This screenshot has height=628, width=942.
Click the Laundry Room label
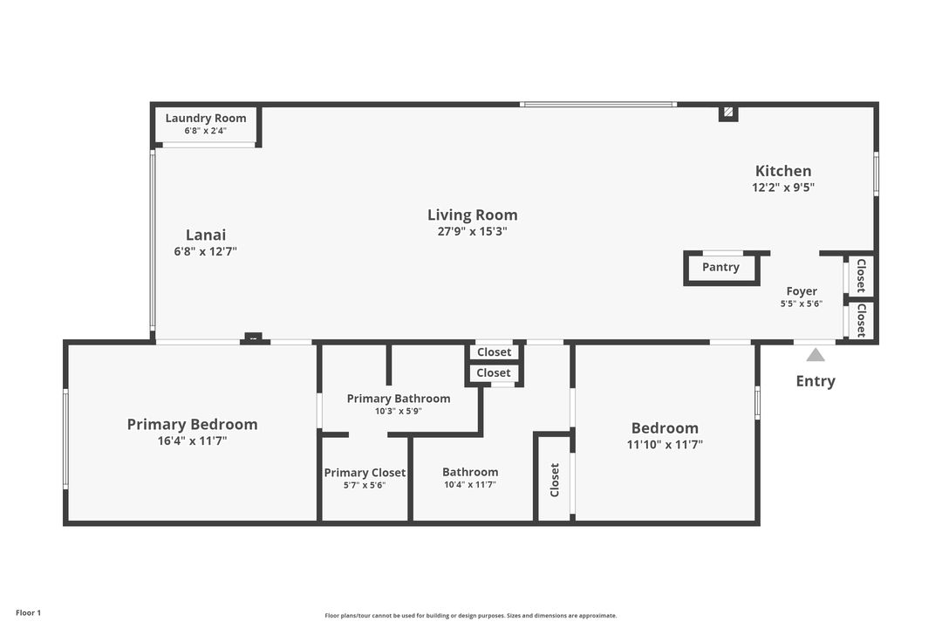[206, 119]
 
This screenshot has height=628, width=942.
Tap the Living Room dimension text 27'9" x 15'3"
[472, 232]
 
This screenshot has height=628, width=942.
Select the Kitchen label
[783, 171]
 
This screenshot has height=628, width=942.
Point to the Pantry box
[720, 268]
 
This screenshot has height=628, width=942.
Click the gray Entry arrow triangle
[816, 354]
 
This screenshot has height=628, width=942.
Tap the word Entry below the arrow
[816, 381]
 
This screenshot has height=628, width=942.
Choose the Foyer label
[802, 291]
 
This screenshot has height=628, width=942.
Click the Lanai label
[206, 235]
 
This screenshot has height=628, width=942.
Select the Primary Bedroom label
[192, 425]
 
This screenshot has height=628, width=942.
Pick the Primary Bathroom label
[399, 399]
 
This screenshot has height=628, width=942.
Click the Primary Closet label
[365, 473]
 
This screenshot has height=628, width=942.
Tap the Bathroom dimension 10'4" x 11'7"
[470, 485]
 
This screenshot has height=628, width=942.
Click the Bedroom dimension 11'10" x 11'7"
[666, 444]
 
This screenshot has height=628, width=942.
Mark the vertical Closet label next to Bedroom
[554, 480]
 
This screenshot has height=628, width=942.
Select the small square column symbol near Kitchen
[727, 113]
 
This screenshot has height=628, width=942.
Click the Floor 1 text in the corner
[28, 613]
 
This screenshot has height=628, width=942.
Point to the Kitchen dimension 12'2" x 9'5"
[783, 187]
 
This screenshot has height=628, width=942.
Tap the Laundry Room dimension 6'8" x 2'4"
[206, 131]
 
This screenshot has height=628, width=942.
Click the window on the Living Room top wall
[598, 105]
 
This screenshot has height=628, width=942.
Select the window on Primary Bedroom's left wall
[65, 438]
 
